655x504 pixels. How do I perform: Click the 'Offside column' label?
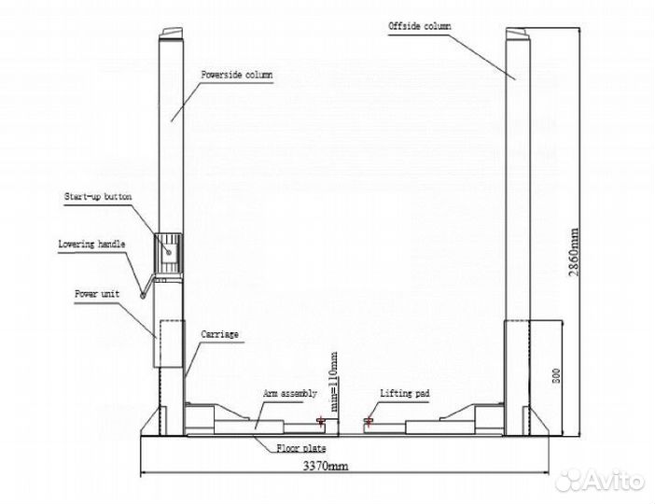tap(419, 26)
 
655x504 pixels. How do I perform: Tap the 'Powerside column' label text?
tap(237, 76)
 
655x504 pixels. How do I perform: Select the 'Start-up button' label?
tap(98, 197)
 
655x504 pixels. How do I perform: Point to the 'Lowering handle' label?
tap(91, 244)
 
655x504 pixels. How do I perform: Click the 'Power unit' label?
tap(97, 294)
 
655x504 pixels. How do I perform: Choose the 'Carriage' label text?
tap(219, 334)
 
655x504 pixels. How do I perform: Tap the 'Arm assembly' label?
tap(290, 394)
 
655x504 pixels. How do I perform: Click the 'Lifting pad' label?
tap(405, 393)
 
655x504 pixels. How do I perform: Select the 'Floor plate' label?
tap(301, 448)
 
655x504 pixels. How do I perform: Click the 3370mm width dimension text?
tap(326, 466)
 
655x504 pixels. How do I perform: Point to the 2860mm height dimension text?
tap(575, 252)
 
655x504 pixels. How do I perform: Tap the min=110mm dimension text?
tap(334, 382)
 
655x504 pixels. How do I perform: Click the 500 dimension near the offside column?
tap(556, 376)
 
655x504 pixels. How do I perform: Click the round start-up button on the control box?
tap(169, 252)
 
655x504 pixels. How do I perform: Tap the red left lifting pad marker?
tap(321, 420)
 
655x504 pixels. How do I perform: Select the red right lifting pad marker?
tap(369, 420)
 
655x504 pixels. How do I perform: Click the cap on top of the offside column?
tap(518, 34)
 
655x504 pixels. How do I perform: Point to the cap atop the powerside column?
tap(172, 34)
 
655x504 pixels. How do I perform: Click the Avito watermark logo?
tap(600, 481)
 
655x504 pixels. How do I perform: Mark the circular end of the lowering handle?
tap(143, 296)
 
